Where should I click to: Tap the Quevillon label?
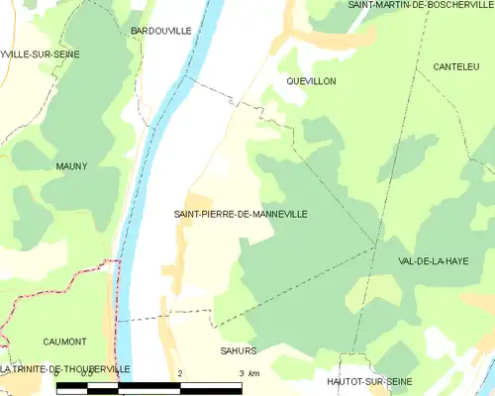pyautogui.click(x=311, y=80)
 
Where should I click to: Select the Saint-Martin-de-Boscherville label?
pyautogui.click(x=420, y=5)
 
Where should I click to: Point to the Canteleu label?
pyautogui.click(x=455, y=66)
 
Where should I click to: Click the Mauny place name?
pyautogui.click(x=71, y=166)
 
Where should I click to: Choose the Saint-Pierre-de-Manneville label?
pyautogui.click(x=241, y=214)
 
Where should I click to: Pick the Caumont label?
pyautogui.click(x=65, y=341)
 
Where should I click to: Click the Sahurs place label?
pyautogui.click(x=239, y=350)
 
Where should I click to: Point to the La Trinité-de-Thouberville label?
pyautogui.click(x=65, y=368)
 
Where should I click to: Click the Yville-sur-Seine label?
pyautogui.click(x=41, y=53)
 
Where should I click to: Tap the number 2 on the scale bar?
pyautogui.click(x=180, y=373)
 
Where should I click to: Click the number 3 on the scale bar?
pyautogui.click(x=241, y=373)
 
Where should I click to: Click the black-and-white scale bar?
pyautogui.click(x=149, y=389)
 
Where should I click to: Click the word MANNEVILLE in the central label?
pyautogui.click(x=272, y=214)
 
